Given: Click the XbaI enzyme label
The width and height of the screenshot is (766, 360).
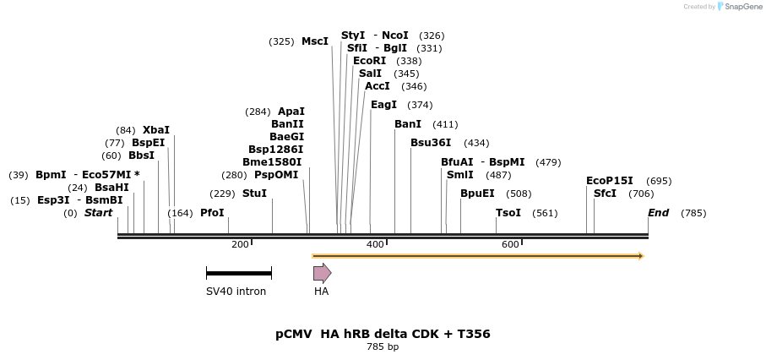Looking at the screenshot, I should (x=155, y=130).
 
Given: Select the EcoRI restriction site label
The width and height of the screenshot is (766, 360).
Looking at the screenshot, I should (x=369, y=61).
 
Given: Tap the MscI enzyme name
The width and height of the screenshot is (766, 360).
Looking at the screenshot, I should (x=315, y=41).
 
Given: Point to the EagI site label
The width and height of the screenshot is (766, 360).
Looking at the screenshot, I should (x=383, y=105).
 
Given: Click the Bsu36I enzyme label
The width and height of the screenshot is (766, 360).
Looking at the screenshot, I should (x=431, y=143).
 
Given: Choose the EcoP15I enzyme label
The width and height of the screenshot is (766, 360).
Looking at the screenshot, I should (x=609, y=181).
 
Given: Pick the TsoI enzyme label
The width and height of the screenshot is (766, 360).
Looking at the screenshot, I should (x=508, y=213).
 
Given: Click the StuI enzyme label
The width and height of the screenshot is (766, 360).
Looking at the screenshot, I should (x=254, y=194).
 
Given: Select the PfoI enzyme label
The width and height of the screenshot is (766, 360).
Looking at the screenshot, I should (x=212, y=213).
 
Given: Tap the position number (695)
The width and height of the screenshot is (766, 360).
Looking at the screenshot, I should (x=659, y=181).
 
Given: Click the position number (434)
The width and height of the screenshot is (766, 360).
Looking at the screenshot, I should (x=476, y=143).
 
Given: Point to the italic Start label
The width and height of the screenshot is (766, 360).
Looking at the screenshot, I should (x=98, y=213).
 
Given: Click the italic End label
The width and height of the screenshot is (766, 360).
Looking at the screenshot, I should (x=658, y=213).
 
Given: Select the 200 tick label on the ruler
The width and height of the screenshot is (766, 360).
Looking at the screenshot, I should (x=240, y=245).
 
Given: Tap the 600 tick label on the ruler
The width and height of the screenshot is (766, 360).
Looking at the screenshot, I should (x=510, y=245).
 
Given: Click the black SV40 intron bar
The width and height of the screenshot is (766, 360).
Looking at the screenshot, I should (x=238, y=273).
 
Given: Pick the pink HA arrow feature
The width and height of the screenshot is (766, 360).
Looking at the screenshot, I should (x=322, y=273).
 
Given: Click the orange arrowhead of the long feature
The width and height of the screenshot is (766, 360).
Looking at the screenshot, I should (x=641, y=255).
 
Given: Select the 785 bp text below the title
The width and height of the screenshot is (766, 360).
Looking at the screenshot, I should (x=383, y=347).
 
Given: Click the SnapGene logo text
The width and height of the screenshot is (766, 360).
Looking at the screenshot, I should (x=741, y=7).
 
